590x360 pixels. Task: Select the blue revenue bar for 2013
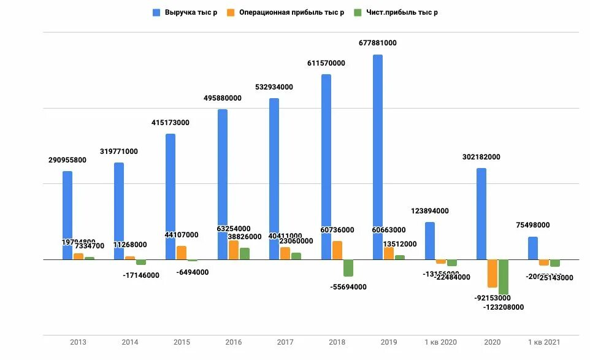point(67,215)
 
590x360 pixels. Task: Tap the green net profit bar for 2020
point(504,277)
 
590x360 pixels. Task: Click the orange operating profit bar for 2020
point(492,273)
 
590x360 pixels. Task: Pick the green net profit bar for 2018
point(348,267)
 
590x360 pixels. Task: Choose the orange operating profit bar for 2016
point(234,250)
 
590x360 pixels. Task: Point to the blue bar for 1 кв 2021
point(533,248)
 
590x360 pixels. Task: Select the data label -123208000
point(504,307)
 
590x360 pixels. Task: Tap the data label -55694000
point(348,287)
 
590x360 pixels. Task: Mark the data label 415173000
point(170,123)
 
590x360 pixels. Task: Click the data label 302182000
point(481,157)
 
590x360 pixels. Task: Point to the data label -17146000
point(141,275)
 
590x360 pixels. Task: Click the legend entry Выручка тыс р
point(190,12)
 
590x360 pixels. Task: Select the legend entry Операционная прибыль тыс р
point(291,12)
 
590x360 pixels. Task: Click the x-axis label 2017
point(285,342)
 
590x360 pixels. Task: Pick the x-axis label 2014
point(130,342)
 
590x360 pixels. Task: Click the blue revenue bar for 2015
point(170,196)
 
